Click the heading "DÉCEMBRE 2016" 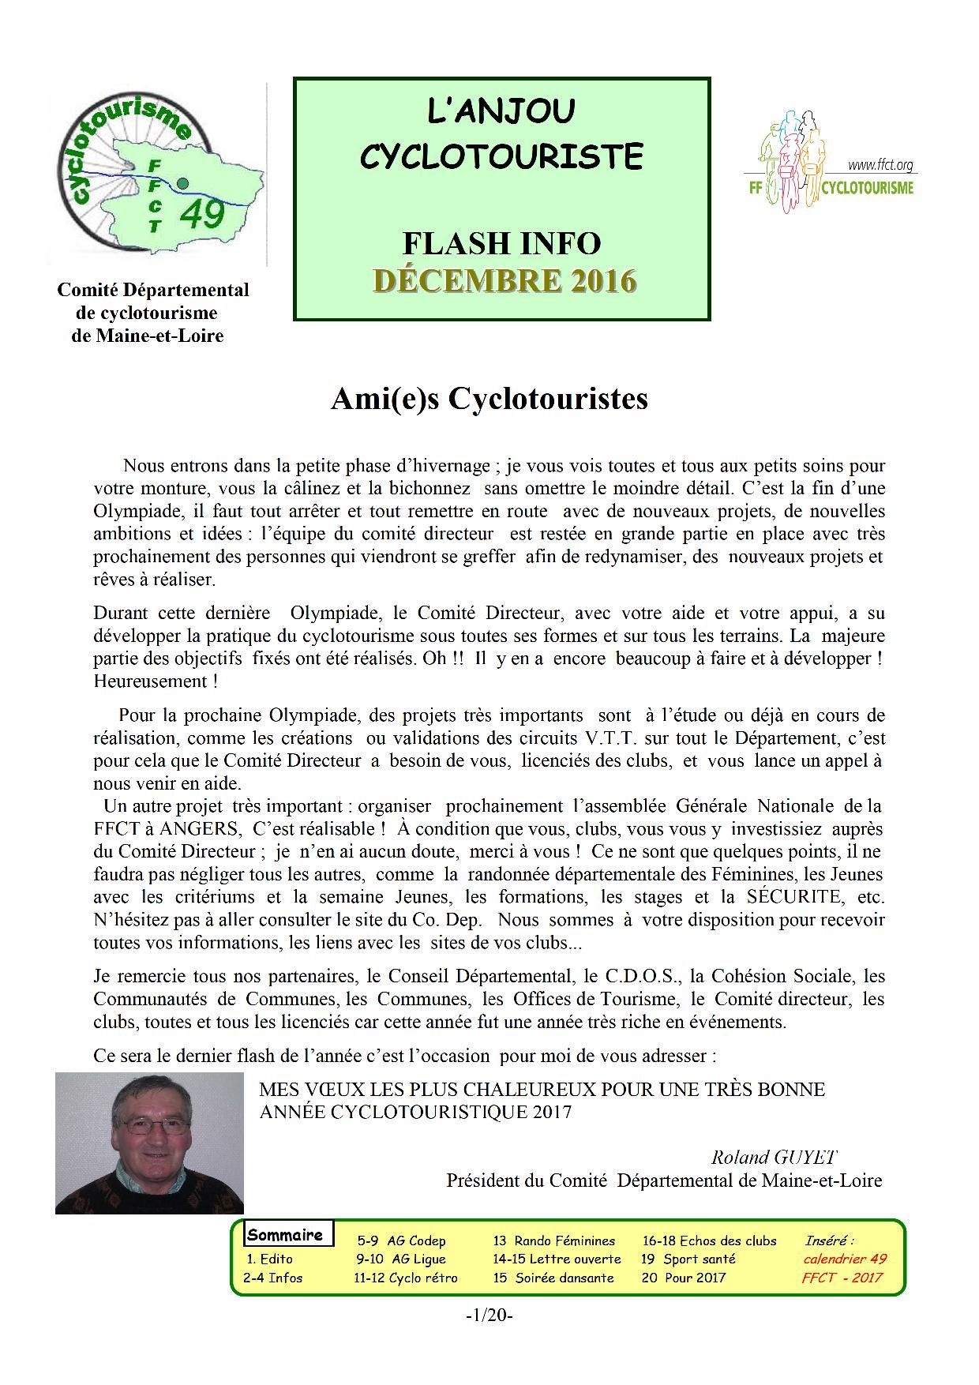tap(504, 281)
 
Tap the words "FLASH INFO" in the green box tap(502, 243)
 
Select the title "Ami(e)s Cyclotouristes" tap(489, 399)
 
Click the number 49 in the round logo tap(202, 214)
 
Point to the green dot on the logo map tap(183, 183)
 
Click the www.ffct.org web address tap(880, 166)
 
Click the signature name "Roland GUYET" tap(773, 1157)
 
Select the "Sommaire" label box tap(285, 1235)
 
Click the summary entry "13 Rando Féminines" tap(553, 1240)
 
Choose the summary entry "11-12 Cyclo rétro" tap(406, 1278)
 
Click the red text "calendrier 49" tap(845, 1259)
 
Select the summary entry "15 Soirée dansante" tap(553, 1278)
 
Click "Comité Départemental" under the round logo tap(153, 290)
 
